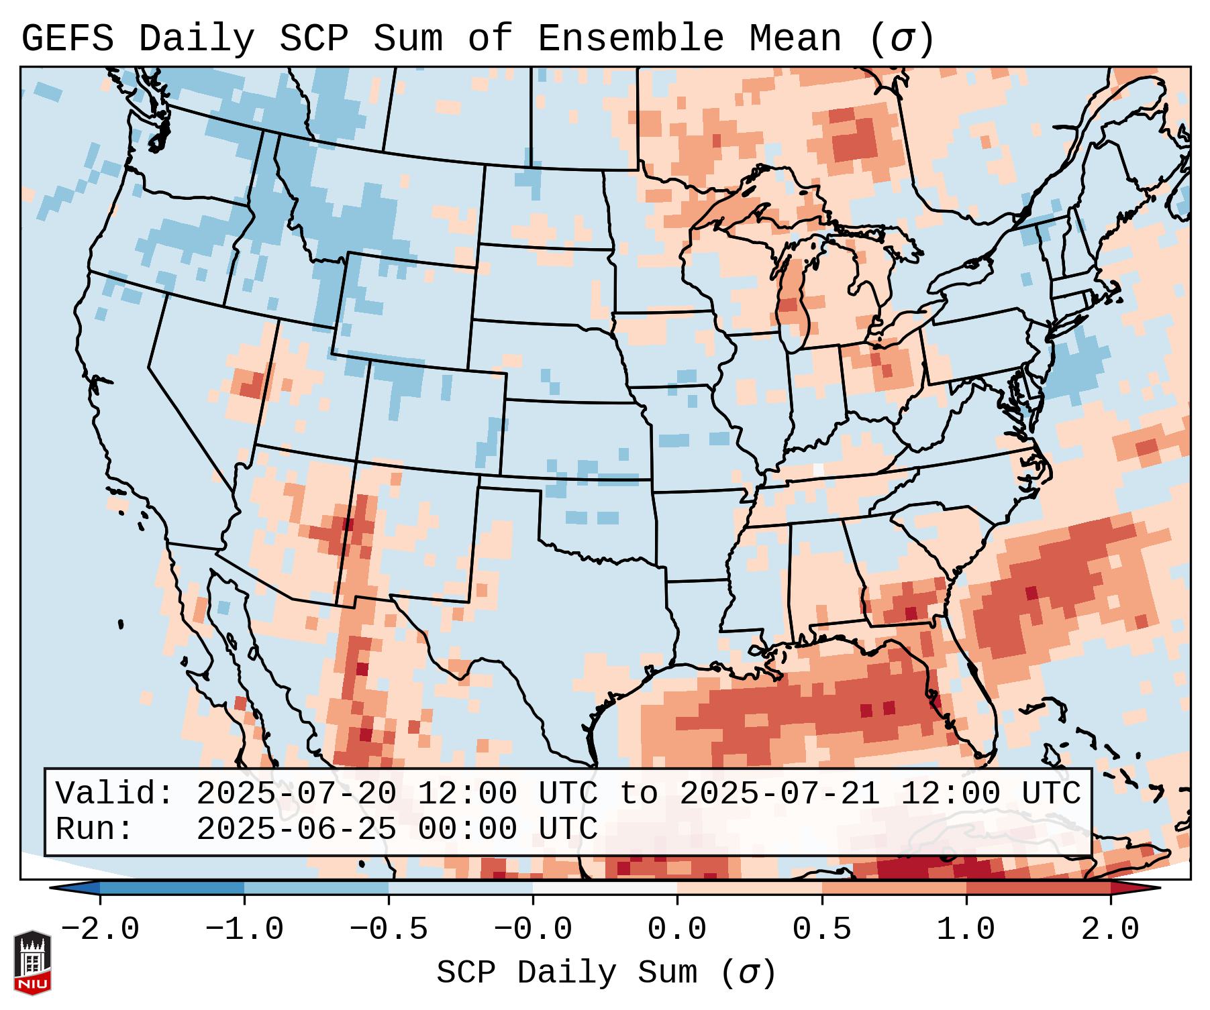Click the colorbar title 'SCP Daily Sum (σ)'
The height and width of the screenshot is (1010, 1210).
point(606,973)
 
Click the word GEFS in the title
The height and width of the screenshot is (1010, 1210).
point(68,39)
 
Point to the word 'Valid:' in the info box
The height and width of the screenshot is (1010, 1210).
point(115,793)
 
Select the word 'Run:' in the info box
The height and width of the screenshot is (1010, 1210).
point(95,829)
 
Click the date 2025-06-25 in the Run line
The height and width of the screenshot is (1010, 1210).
point(296,829)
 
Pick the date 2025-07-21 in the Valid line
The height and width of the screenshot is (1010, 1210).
point(779,793)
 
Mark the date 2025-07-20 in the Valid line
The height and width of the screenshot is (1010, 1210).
point(296,793)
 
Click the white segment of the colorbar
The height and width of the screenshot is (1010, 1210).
point(605,887)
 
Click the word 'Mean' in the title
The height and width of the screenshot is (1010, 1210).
point(795,39)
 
